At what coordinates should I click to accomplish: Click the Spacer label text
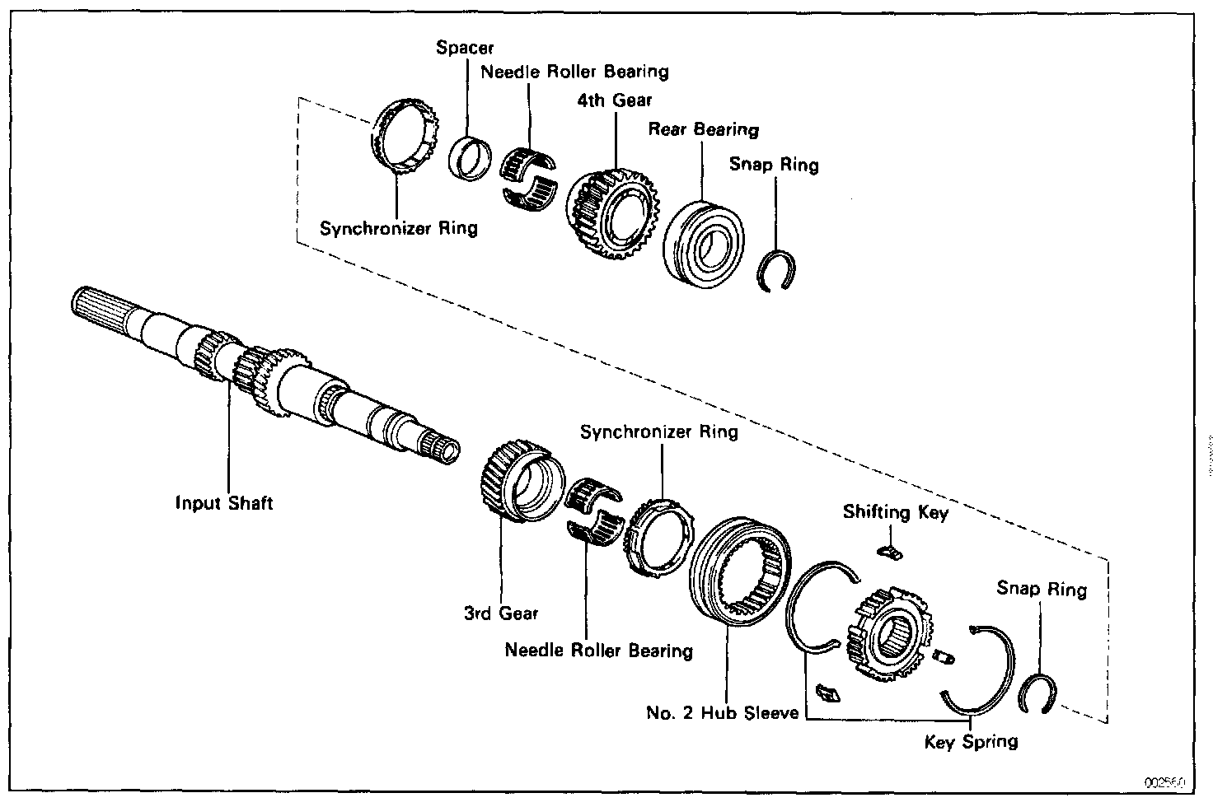pos(465,48)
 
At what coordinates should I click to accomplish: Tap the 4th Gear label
pos(615,100)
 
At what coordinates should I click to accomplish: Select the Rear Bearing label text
pos(703,129)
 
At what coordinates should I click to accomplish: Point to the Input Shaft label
pos(223,502)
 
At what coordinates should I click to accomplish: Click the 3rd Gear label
pos(500,613)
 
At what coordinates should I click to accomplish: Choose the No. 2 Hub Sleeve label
pos(722,713)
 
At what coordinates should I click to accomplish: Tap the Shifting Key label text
pos(895,512)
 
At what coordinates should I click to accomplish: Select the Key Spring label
pos(971,742)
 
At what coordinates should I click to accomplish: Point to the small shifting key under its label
pos(888,551)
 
